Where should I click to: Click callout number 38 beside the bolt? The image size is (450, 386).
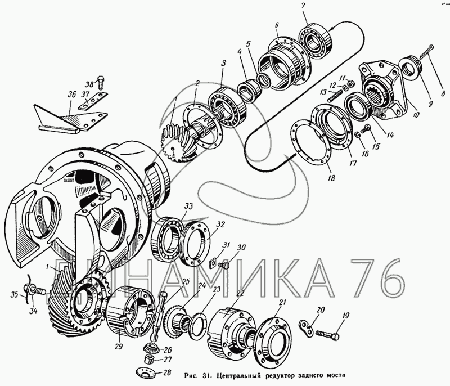coord(89,84)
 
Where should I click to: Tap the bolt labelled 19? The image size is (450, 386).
coord(327,334)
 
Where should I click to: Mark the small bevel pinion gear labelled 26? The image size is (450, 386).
coord(150,348)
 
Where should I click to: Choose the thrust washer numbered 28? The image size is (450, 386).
coord(145,371)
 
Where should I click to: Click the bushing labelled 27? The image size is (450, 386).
coord(148,359)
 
